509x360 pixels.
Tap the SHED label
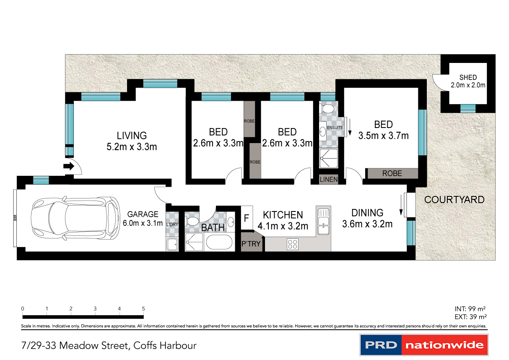tap(467, 78)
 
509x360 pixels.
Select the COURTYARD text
tap(454, 200)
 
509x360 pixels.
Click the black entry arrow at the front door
tap(68, 167)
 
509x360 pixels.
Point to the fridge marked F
tap(247, 218)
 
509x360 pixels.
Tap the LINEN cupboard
tap(328, 180)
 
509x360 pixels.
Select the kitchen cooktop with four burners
tap(292, 243)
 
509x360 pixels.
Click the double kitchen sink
tap(324, 222)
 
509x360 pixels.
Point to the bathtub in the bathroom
tap(218, 243)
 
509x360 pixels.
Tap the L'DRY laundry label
tap(172, 224)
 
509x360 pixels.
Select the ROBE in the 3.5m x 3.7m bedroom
tap(392, 173)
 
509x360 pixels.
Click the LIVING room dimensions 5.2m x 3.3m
tap(132, 147)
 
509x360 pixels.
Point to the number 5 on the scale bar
tap(143, 308)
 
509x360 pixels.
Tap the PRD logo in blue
tap(380, 345)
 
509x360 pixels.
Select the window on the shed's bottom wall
tap(467, 108)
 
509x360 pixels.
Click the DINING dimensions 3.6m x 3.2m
tap(367, 224)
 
